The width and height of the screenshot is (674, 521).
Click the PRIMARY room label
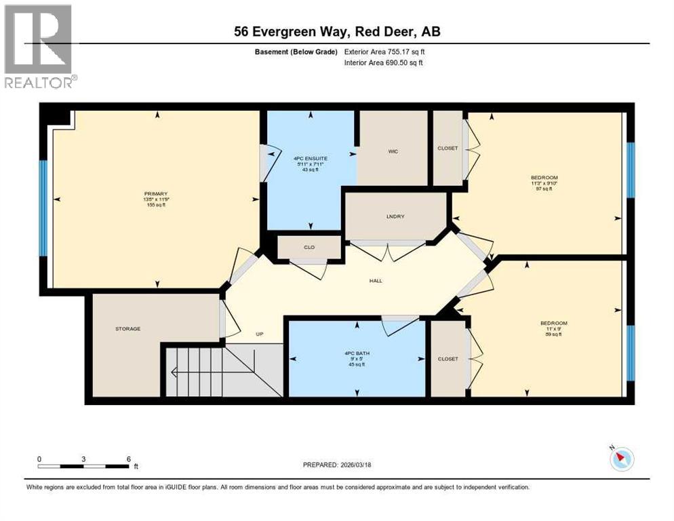[155, 193]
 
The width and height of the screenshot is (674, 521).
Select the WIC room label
[393, 151]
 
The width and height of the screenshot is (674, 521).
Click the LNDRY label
[395, 216]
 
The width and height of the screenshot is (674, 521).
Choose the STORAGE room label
[127, 328]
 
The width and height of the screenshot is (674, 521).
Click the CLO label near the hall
[309, 248]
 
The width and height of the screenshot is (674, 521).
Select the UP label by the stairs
[258, 334]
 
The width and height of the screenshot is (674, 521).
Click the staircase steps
[197, 372]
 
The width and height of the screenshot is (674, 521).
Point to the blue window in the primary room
[43, 208]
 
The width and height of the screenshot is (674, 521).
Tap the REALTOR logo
[39, 46]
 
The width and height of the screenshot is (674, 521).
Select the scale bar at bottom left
[84, 466]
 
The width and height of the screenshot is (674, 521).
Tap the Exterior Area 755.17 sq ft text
[384, 52]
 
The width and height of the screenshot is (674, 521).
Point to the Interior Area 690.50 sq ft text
[384, 63]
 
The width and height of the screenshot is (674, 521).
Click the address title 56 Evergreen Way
[336, 31]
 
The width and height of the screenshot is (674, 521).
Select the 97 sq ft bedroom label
[540, 189]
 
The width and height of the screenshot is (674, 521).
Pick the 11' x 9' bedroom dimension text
[554, 328]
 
